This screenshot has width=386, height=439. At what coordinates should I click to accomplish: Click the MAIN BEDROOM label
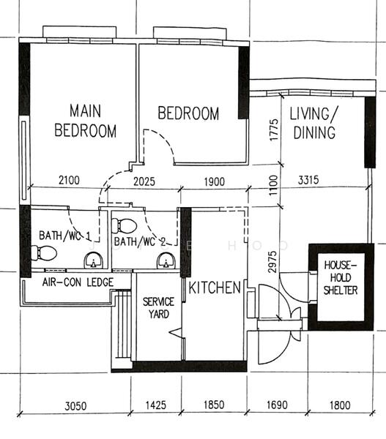point(85,121)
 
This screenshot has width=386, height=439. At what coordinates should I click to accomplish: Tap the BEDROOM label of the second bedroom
point(188,113)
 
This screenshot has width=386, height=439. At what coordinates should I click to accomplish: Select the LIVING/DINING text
point(313,123)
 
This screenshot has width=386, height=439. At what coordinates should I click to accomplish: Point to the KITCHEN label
point(215,288)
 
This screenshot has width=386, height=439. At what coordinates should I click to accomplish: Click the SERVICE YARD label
point(157,307)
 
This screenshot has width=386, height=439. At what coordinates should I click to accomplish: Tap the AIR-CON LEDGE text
point(72,281)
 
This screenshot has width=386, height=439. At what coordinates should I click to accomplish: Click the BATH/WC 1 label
point(64,236)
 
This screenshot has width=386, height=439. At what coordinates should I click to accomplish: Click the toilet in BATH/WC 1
point(45,253)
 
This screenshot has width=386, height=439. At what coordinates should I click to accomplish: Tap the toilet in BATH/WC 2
point(126,224)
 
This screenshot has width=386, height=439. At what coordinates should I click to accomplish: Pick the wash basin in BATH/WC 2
point(165,261)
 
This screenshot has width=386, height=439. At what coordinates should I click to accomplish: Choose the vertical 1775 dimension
point(272,132)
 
